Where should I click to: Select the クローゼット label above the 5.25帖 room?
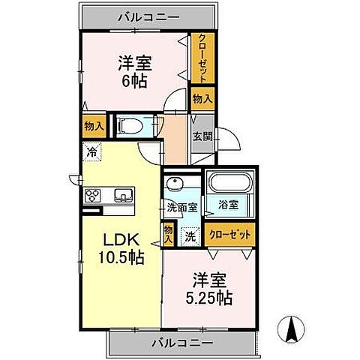click(x=230, y=235)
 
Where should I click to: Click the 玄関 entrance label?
click(x=202, y=137)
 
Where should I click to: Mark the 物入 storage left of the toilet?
click(x=94, y=126)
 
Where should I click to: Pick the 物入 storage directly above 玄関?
click(x=202, y=98)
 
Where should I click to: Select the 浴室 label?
click(x=229, y=203)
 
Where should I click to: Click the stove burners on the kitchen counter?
click(x=94, y=196)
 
